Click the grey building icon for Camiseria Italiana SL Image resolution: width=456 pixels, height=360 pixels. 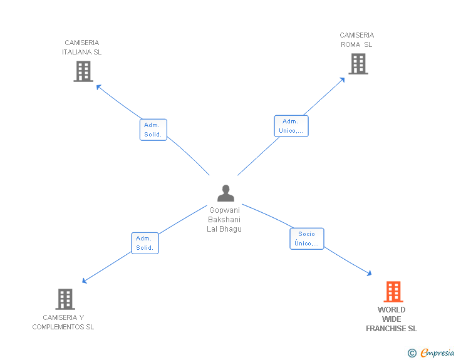pyautogui.click(x=83, y=71)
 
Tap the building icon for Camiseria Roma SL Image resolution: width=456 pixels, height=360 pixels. pyautogui.click(x=358, y=64)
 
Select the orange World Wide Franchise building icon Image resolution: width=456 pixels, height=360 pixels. pyautogui.click(x=393, y=292)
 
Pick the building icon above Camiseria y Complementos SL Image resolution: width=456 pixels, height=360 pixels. pyautogui.click(x=65, y=299)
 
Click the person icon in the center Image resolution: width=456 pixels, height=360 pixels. pyautogui.click(x=225, y=193)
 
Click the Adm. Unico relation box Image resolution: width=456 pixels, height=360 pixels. pyautogui.click(x=291, y=126)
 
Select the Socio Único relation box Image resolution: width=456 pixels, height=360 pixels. pyautogui.click(x=307, y=239)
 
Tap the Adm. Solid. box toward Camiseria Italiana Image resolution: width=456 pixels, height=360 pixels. pyautogui.click(x=153, y=130)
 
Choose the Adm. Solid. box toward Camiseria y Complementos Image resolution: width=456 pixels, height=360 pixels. pyautogui.click(x=145, y=243)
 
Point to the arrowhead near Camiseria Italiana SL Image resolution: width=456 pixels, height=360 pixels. pyautogui.click(x=98, y=86)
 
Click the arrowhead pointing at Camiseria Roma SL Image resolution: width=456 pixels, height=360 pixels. pyautogui.click(x=342, y=80)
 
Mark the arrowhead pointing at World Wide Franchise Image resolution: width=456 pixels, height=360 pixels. pyautogui.click(x=369, y=274)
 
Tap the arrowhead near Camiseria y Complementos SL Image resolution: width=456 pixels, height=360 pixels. pyautogui.click(x=85, y=280)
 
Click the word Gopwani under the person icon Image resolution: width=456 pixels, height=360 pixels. pyautogui.click(x=224, y=210)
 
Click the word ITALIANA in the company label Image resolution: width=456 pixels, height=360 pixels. pyautogui.click(x=73, y=52)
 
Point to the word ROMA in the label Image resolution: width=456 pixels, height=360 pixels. pyautogui.click(x=350, y=44)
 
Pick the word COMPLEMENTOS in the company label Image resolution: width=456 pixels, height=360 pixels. pyautogui.click(x=58, y=327)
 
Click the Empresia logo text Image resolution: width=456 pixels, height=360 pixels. pyautogui.click(x=437, y=353)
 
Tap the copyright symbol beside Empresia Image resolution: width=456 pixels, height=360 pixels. pyautogui.click(x=412, y=353)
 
